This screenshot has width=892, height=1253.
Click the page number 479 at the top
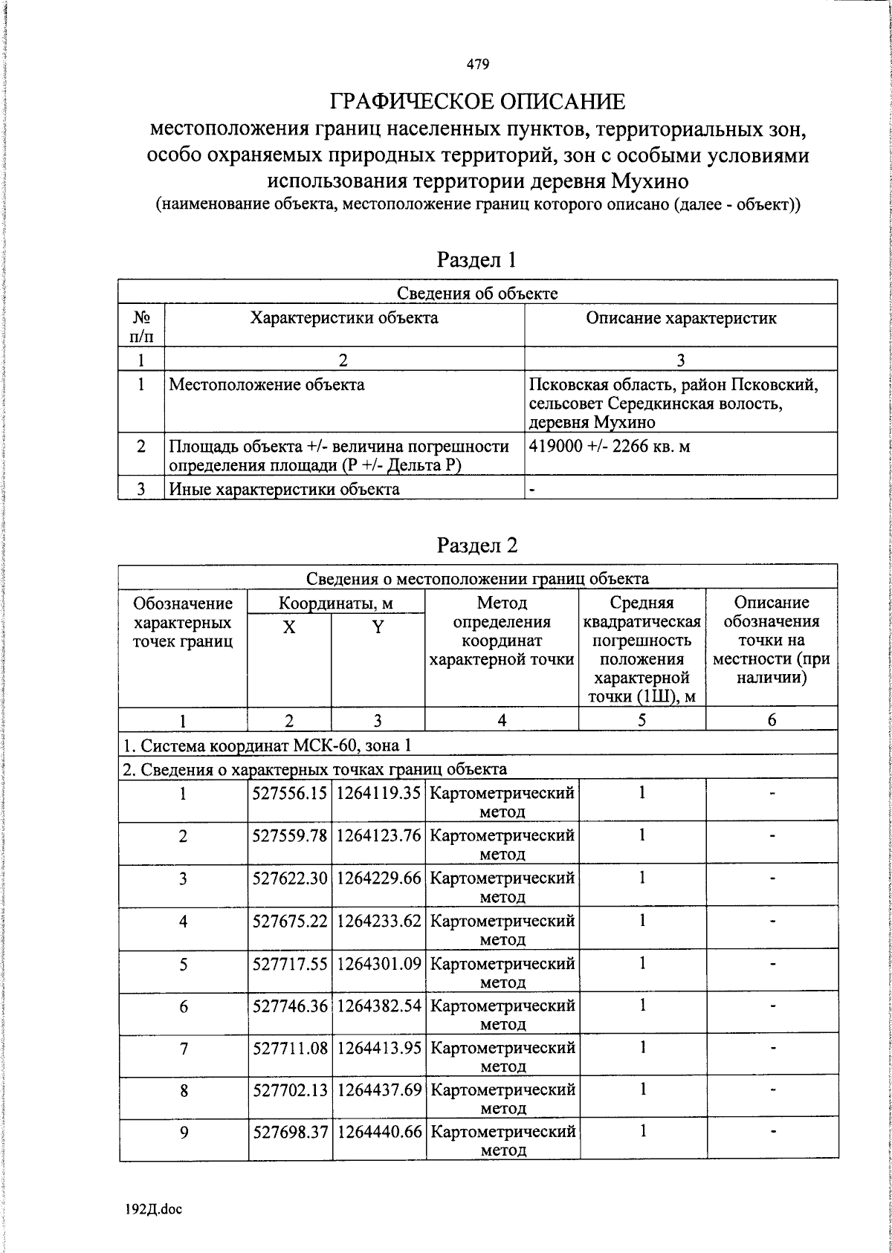(478, 65)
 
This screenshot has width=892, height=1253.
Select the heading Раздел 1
(476, 259)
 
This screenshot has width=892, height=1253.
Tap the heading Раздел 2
(476, 545)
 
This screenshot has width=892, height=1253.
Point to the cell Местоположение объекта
(267, 385)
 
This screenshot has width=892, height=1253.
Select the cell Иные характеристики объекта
(284, 489)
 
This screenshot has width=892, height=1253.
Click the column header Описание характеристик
(680, 319)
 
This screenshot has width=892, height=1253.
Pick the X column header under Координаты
(288, 627)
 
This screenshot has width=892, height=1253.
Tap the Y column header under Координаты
(378, 627)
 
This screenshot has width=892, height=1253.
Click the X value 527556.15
(290, 793)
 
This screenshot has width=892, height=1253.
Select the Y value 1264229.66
(378, 878)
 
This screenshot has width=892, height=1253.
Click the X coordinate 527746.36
(290, 1006)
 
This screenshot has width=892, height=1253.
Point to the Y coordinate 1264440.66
(378, 1133)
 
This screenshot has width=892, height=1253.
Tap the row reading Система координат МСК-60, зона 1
(266, 745)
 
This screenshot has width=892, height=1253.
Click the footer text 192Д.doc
(153, 1209)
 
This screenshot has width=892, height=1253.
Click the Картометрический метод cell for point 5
(502, 972)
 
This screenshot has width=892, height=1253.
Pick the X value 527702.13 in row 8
(290, 1090)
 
